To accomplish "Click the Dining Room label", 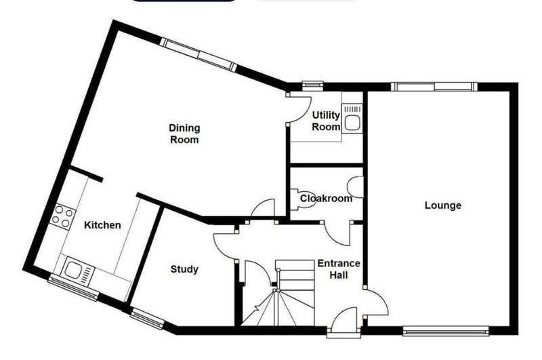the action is click(184, 134).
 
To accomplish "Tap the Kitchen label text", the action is click(103, 225).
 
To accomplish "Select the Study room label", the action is click(184, 269).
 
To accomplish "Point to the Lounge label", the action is click(443, 205).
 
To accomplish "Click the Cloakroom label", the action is click(327, 199).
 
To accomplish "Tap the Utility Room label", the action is click(326, 121).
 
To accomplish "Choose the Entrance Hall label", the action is click(339, 269).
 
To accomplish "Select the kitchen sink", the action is click(77, 270).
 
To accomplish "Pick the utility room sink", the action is click(352, 119).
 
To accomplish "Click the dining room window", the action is click(199, 56).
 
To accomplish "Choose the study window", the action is click(147, 318).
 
